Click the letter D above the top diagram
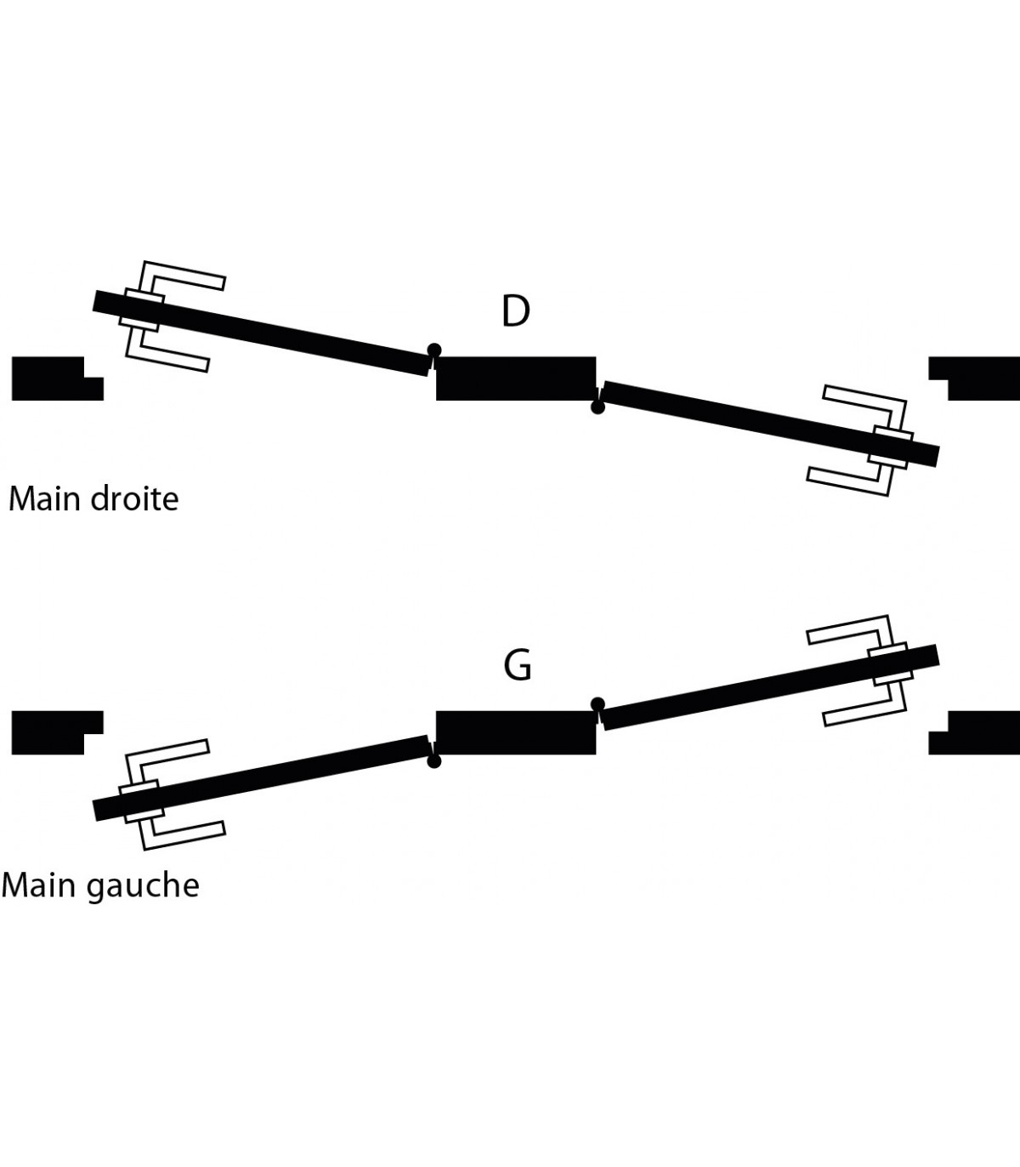pyautogui.click(x=515, y=311)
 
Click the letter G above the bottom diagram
pyautogui.click(x=517, y=665)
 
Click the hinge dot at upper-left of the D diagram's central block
pyautogui.click(x=434, y=350)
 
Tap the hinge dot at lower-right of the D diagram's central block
pyautogui.click(x=598, y=407)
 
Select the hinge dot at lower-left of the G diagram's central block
pyautogui.click(x=434, y=761)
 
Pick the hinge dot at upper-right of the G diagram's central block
pyautogui.click(x=598, y=703)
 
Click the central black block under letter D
pyautogui.click(x=515, y=379)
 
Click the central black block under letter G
pyautogui.click(x=515, y=732)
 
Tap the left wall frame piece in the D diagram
pyautogui.click(x=51, y=379)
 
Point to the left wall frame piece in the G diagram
pyautogui.click(x=51, y=732)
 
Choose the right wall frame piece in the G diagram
pyautogui.click(x=977, y=733)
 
